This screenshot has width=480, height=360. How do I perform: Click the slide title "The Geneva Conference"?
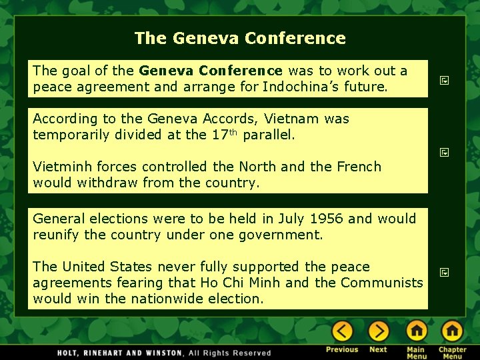(x=240, y=38)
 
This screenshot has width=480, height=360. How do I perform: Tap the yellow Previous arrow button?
(x=342, y=331)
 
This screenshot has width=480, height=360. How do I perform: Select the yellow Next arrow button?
(x=378, y=331)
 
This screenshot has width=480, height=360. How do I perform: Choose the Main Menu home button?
(x=417, y=331)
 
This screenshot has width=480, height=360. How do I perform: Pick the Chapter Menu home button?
(x=452, y=331)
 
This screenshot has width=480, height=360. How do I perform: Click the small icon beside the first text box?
(x=443, y=81)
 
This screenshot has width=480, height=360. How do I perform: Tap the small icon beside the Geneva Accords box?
(x=443, y=153)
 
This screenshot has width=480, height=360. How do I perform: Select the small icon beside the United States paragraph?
(x=443, y=272)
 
